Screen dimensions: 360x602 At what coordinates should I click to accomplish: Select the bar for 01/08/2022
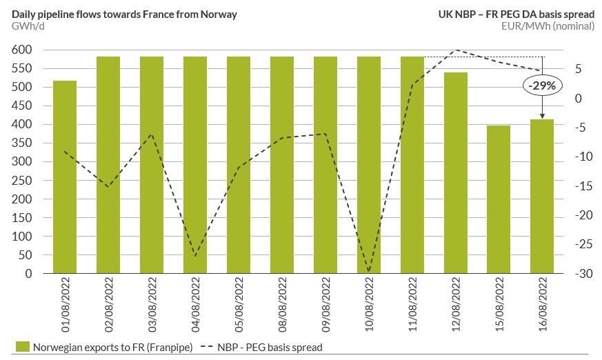pos(65,177)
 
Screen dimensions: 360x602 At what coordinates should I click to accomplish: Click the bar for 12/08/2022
pos(456,173)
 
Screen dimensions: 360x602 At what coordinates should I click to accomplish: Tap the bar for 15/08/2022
pos(499,199)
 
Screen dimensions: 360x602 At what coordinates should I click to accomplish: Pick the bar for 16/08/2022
pos(543,197)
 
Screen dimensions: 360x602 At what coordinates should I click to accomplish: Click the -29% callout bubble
pos(543,86)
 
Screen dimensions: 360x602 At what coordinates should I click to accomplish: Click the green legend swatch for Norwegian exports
pos(21,348)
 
